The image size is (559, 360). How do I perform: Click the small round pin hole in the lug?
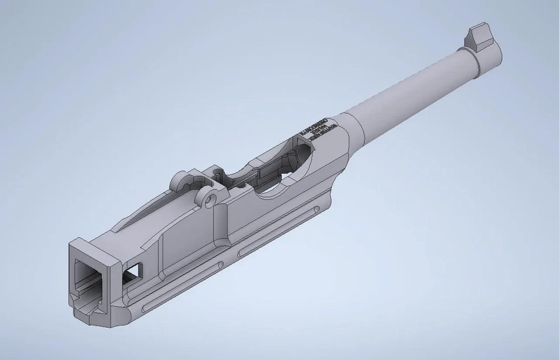pyautogui.click(x=212, y=199)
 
